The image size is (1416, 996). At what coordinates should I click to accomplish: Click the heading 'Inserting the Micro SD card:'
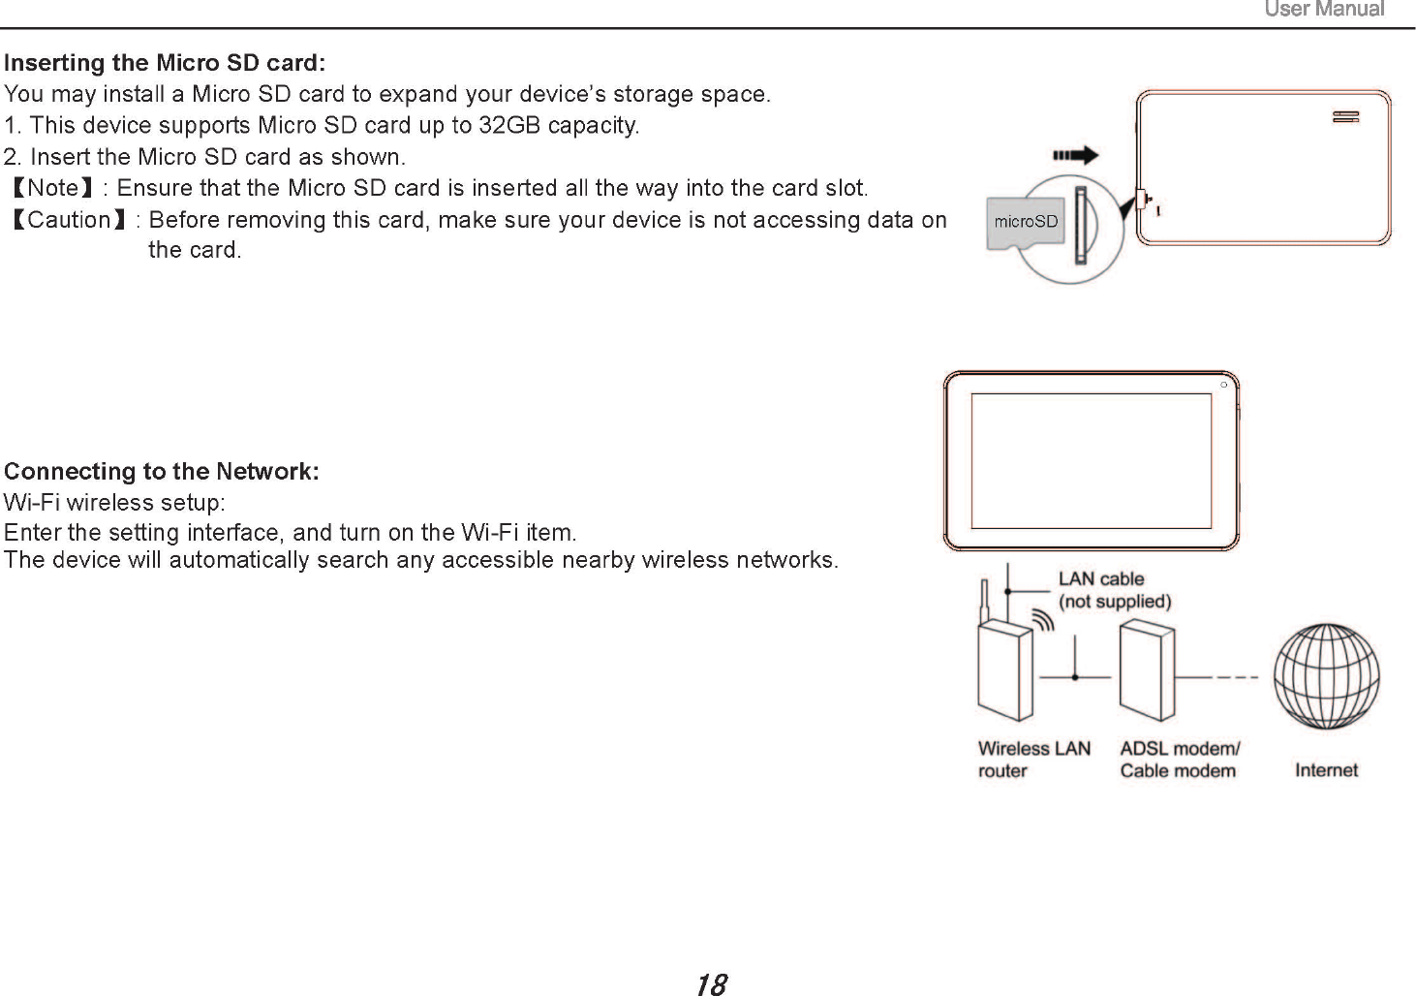[165, 64]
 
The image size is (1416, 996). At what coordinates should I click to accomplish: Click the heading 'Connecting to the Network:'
[162, 472]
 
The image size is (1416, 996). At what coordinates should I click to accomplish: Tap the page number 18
[710, 985]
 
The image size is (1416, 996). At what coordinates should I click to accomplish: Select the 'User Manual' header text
[1324, 10]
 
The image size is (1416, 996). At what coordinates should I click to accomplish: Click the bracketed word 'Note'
[53, 188]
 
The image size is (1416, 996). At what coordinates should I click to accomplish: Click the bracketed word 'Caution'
[70, 220]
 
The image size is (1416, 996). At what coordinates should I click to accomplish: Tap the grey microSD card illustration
[1026, 223]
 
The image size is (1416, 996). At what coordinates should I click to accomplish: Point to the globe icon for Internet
[1326, 675]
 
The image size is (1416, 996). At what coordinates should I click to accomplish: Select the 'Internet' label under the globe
[1326, 770]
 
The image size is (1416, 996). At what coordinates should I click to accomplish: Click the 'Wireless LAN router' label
[1033, 760]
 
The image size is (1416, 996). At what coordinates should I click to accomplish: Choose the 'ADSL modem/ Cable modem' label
[1179, 760]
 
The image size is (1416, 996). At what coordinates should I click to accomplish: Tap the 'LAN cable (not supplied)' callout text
[1114, 590]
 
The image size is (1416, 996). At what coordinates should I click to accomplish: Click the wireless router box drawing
[1005, 670]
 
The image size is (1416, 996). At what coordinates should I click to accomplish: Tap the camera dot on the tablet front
[1224, 385]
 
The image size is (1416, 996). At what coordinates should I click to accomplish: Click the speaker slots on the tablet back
[1345, 117]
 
